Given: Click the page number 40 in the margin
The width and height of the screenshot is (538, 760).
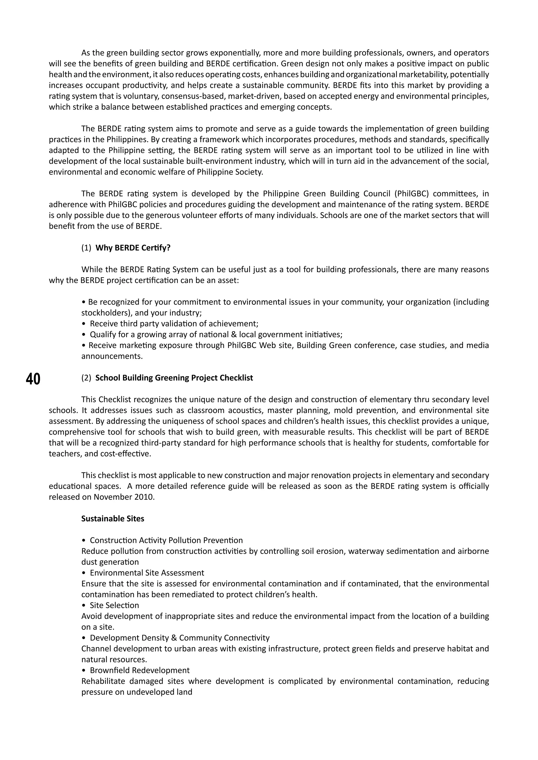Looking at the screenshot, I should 33,379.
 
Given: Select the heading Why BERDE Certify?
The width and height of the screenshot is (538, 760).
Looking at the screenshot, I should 132,248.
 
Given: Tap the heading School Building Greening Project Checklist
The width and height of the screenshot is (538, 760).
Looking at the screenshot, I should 174,378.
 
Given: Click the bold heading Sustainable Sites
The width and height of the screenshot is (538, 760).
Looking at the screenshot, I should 113,519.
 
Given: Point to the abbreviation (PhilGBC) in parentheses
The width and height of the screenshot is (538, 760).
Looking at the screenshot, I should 411,194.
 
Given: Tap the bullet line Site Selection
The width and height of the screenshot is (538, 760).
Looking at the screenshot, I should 114,605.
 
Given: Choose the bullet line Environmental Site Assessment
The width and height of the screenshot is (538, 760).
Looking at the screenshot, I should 147,573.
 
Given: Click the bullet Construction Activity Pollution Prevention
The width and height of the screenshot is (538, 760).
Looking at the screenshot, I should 166,540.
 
